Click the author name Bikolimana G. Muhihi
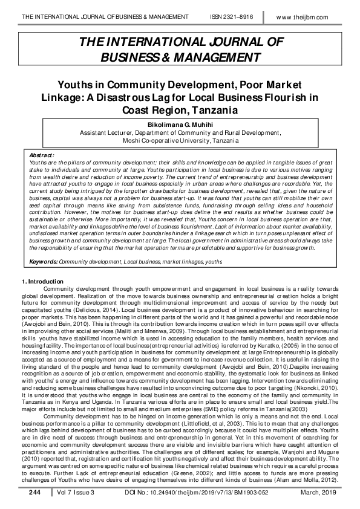(x=180, y=123)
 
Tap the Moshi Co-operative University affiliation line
(x=180, y=138)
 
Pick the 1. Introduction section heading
(x=43, y=282)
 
